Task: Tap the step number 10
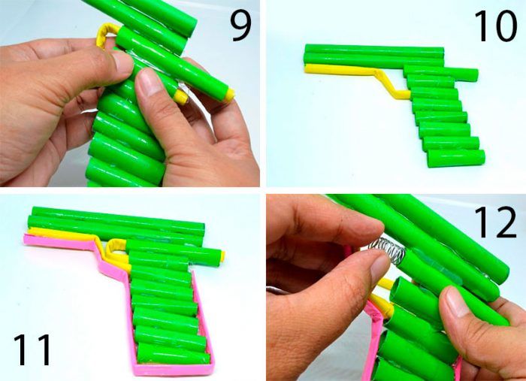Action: click(495, 26)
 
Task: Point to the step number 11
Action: click(32, 349)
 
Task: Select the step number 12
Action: click(495, 222)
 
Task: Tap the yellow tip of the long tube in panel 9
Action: click(230, 95)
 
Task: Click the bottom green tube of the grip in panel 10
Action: click(456, 159)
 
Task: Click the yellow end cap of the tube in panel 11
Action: click(222, 256)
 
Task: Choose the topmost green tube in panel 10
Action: click(374, 50)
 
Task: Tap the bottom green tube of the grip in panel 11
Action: click(172, 352)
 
